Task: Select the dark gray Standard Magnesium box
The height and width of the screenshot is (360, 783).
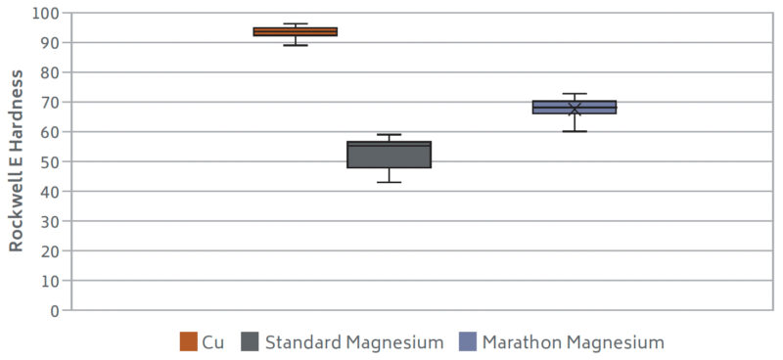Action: pos(389,155)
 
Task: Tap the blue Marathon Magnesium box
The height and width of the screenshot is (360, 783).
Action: pos(574,107)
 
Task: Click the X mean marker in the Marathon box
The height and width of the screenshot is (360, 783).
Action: pos(575,108)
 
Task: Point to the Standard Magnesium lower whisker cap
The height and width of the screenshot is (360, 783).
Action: pos(389,182)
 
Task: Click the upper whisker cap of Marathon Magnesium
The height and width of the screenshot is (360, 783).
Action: pos(575,94)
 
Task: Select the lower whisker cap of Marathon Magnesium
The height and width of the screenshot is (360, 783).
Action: pos(575,131)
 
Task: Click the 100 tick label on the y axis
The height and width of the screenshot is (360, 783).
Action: pos(45,14)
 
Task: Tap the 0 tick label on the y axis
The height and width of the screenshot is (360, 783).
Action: pos(53,310)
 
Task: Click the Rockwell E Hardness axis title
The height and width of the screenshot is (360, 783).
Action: pos(17,161)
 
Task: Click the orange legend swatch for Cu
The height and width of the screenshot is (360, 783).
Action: pos(189,341)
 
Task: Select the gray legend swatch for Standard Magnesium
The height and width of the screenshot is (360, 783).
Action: pos(251,341)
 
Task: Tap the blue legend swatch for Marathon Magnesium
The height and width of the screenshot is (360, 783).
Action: pos(468,341)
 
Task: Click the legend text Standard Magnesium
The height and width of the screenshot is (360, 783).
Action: pos(353,342)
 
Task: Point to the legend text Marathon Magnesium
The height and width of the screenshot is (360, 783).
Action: pos(573,342)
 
